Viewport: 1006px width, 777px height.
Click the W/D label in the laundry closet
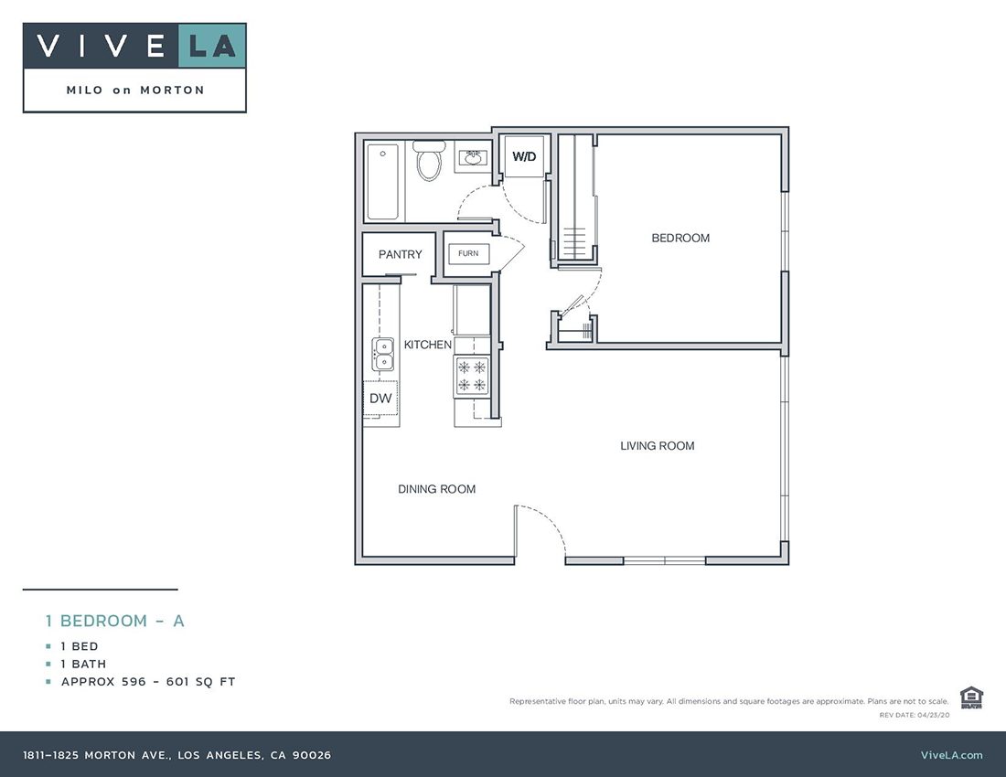[524, 157]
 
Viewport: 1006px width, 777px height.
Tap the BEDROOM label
[680, 239]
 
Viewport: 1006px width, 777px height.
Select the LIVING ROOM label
[657, 446]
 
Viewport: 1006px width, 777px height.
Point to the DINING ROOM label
[436, 489]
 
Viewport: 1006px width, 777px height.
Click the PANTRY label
[401, 254]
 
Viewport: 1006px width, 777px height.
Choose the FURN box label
[468, 253]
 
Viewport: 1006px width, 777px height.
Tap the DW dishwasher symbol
[380, 399]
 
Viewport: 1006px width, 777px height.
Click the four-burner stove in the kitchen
[472, 376]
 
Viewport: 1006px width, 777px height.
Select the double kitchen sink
[383, 354]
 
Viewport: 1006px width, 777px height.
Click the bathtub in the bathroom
[383, 182]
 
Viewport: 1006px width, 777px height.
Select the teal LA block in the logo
[212, 47]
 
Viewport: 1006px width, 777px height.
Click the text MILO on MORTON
[135, 90]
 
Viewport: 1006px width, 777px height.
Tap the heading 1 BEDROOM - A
[115, 621]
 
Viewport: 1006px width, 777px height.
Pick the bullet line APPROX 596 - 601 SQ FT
[148, 682]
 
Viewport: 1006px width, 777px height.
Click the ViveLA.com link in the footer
[951, 755]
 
